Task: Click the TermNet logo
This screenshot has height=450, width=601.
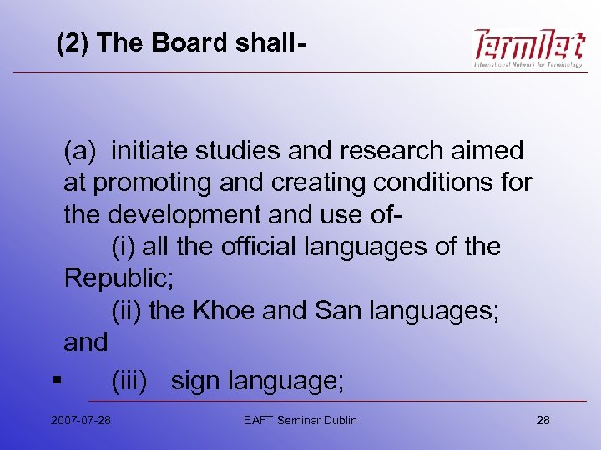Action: [528, 49]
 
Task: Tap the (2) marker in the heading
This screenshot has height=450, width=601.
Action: [73, 42]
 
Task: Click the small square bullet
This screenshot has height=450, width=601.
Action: [54, 382]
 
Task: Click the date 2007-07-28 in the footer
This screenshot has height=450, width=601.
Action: [80, 420]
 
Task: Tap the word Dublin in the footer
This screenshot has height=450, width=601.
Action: [337, 420]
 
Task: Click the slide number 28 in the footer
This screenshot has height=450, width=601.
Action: [543, 420]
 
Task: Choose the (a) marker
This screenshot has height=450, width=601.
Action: [80, 151]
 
